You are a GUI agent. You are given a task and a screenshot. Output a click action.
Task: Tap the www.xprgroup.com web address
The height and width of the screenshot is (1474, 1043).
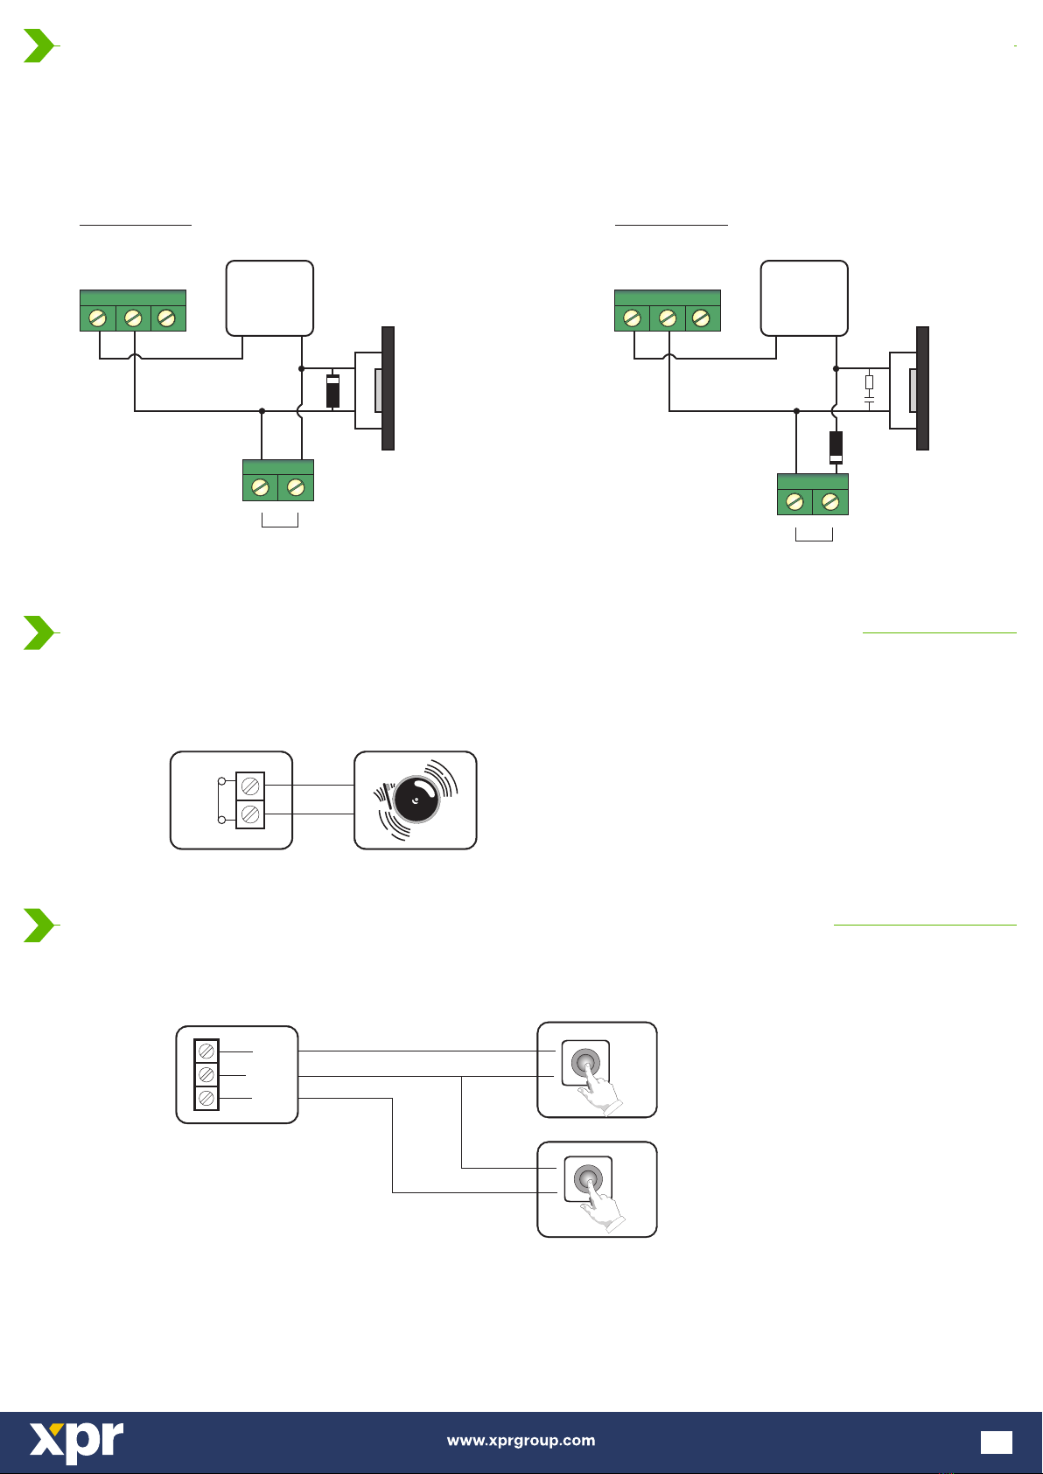pos(521,1440)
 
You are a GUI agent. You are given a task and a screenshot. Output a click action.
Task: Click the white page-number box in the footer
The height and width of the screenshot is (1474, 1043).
pos(996,1442)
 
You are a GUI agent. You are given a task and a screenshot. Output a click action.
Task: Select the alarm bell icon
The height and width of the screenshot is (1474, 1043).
pos(416,800)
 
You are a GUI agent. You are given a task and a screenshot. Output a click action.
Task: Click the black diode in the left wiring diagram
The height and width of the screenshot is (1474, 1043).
pos(332,391)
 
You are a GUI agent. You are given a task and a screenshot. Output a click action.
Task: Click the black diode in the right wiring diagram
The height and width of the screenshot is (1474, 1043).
pos(836,447)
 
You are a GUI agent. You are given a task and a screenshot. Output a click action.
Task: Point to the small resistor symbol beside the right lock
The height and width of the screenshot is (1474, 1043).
pos(869,381)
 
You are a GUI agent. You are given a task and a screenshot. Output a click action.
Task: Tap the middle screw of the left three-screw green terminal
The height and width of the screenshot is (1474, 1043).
pos(133,318)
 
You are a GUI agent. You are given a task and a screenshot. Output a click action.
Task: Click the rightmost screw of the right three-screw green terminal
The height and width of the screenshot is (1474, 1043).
pos(702,318)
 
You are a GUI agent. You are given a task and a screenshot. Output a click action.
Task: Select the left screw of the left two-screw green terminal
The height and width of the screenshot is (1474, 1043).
pos(261,487)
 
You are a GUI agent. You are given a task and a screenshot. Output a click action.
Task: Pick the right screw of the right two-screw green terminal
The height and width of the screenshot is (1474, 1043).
pos(830,501)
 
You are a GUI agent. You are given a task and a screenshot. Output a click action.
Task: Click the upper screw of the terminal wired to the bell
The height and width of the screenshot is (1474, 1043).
pos(250,785)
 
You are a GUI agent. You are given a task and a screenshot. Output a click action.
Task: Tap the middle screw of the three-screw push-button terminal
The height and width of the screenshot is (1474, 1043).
pos(207,1073)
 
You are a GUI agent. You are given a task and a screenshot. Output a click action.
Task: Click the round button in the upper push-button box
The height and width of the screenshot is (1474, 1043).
pos(585,1063)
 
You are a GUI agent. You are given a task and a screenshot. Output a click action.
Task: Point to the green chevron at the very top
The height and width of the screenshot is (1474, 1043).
pos(38,45)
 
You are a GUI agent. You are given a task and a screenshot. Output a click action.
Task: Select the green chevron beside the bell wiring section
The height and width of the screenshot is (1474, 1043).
pos(38,632)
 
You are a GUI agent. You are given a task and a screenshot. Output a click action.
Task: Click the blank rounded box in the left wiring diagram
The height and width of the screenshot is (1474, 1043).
pos(269,298)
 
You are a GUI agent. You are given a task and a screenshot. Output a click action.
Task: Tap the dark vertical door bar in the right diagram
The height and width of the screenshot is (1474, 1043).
pos(922,388)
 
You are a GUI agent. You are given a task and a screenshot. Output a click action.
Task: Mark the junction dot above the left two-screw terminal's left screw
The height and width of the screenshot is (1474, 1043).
pos(262,410)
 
